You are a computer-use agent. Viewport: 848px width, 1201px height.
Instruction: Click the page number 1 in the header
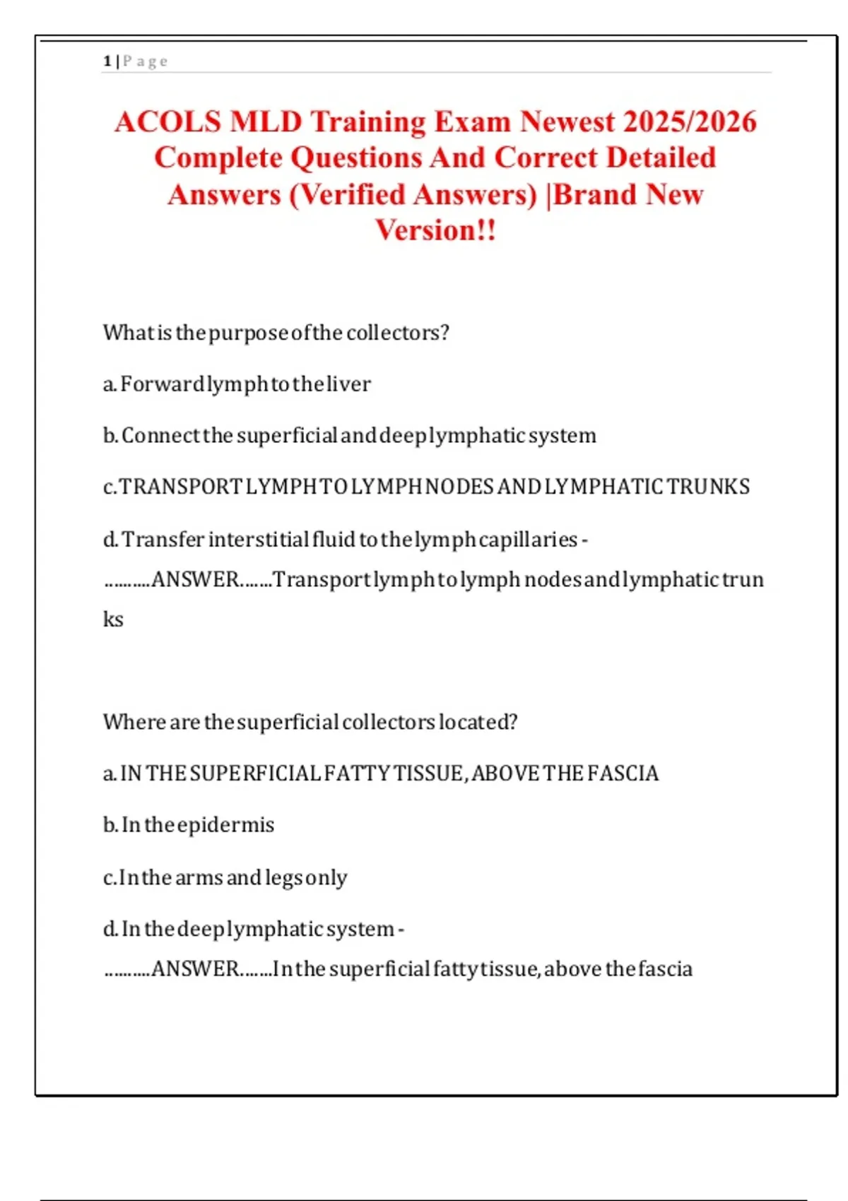(x=107, y=61)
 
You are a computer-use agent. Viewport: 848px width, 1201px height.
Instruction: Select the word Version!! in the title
(x=435, y=230)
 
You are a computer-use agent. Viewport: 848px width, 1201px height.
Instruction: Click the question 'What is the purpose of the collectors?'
(x=276, y=332)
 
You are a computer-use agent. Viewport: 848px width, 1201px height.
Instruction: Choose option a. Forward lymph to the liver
(x=237, y=384)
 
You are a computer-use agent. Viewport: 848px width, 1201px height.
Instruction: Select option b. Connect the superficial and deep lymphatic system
(x=350, y=435)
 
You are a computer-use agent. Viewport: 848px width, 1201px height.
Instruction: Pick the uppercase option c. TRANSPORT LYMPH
(x=426, y=487)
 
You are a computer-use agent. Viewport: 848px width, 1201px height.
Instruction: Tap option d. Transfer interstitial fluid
(x=345, y=539)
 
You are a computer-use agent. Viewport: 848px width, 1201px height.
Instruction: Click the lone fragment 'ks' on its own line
(x=113, y=620)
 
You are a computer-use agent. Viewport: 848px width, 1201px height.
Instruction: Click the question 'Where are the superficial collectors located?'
(x=310, y=722)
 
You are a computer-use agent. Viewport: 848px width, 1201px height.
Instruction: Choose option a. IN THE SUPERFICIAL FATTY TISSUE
(x=381, y=774)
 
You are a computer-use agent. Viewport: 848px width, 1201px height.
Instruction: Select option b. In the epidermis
(x=189, y=824)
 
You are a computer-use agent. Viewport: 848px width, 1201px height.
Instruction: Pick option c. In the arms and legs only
(x=225, y=877)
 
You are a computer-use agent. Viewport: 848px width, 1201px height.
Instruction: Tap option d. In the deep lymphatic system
(x=253, y=928)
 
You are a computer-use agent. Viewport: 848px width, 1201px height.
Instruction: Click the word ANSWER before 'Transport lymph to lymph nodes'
(x=195, y=579)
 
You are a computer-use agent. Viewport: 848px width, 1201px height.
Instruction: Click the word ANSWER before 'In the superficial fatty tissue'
(x=195, y=969)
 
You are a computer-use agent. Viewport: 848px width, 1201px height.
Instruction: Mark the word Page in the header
(x=146, y=61)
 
